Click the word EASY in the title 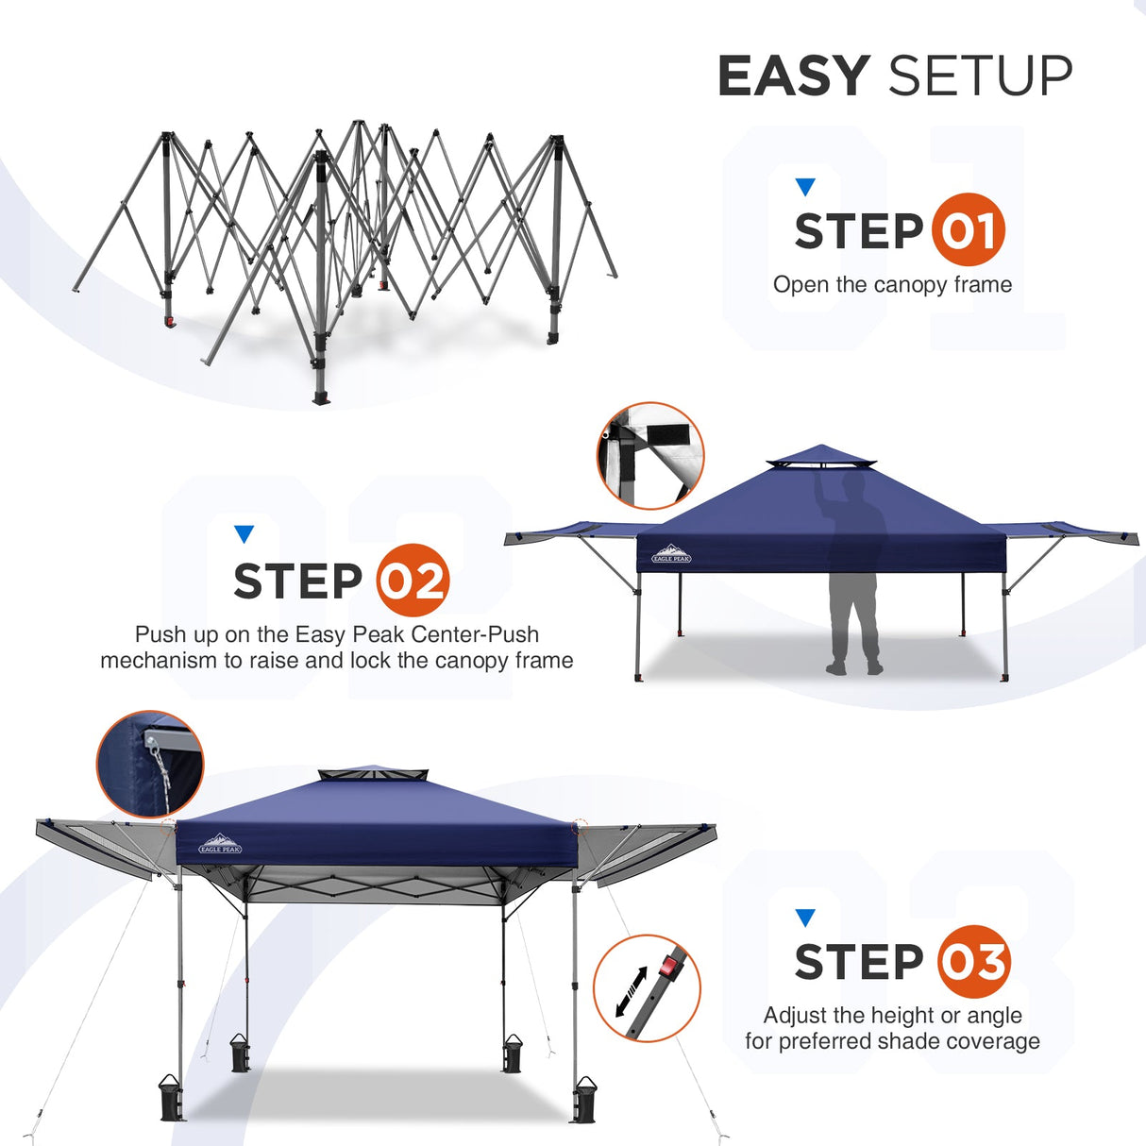coord(793,76)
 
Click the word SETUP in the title coord(980,76)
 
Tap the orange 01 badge coord(968,230)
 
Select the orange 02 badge coord(413,581)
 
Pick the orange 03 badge coord(973,962)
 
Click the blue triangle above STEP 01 coord(804,187)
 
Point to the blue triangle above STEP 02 coord(244,534)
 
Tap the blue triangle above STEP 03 coord(804,918)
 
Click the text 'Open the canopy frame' coord(892,285)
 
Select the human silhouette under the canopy coord(853,576)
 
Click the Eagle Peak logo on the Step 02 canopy coord(671,554)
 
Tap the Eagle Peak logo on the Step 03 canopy coord(220,844)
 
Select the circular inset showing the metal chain coord(150,764)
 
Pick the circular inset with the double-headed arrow coord(647,988)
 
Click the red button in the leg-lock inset coord(670,966)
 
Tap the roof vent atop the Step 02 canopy coord(821,460)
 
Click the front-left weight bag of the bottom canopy coord(172,1099)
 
